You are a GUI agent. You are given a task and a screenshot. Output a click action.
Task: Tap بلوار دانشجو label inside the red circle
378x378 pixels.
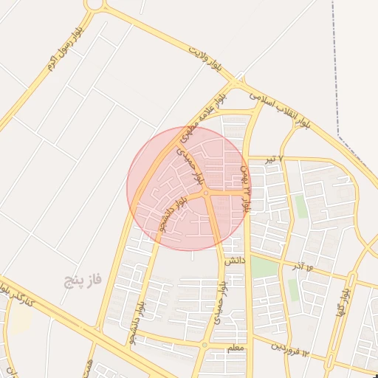coord(171,215)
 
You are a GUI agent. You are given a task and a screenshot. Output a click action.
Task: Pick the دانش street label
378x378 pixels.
coord(233,261)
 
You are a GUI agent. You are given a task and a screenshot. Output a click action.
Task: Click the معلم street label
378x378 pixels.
coord(236,346)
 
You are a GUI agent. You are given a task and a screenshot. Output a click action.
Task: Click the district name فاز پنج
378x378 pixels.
coord(81,280)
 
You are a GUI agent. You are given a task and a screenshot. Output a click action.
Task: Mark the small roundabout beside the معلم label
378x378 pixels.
coord(205,345)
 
